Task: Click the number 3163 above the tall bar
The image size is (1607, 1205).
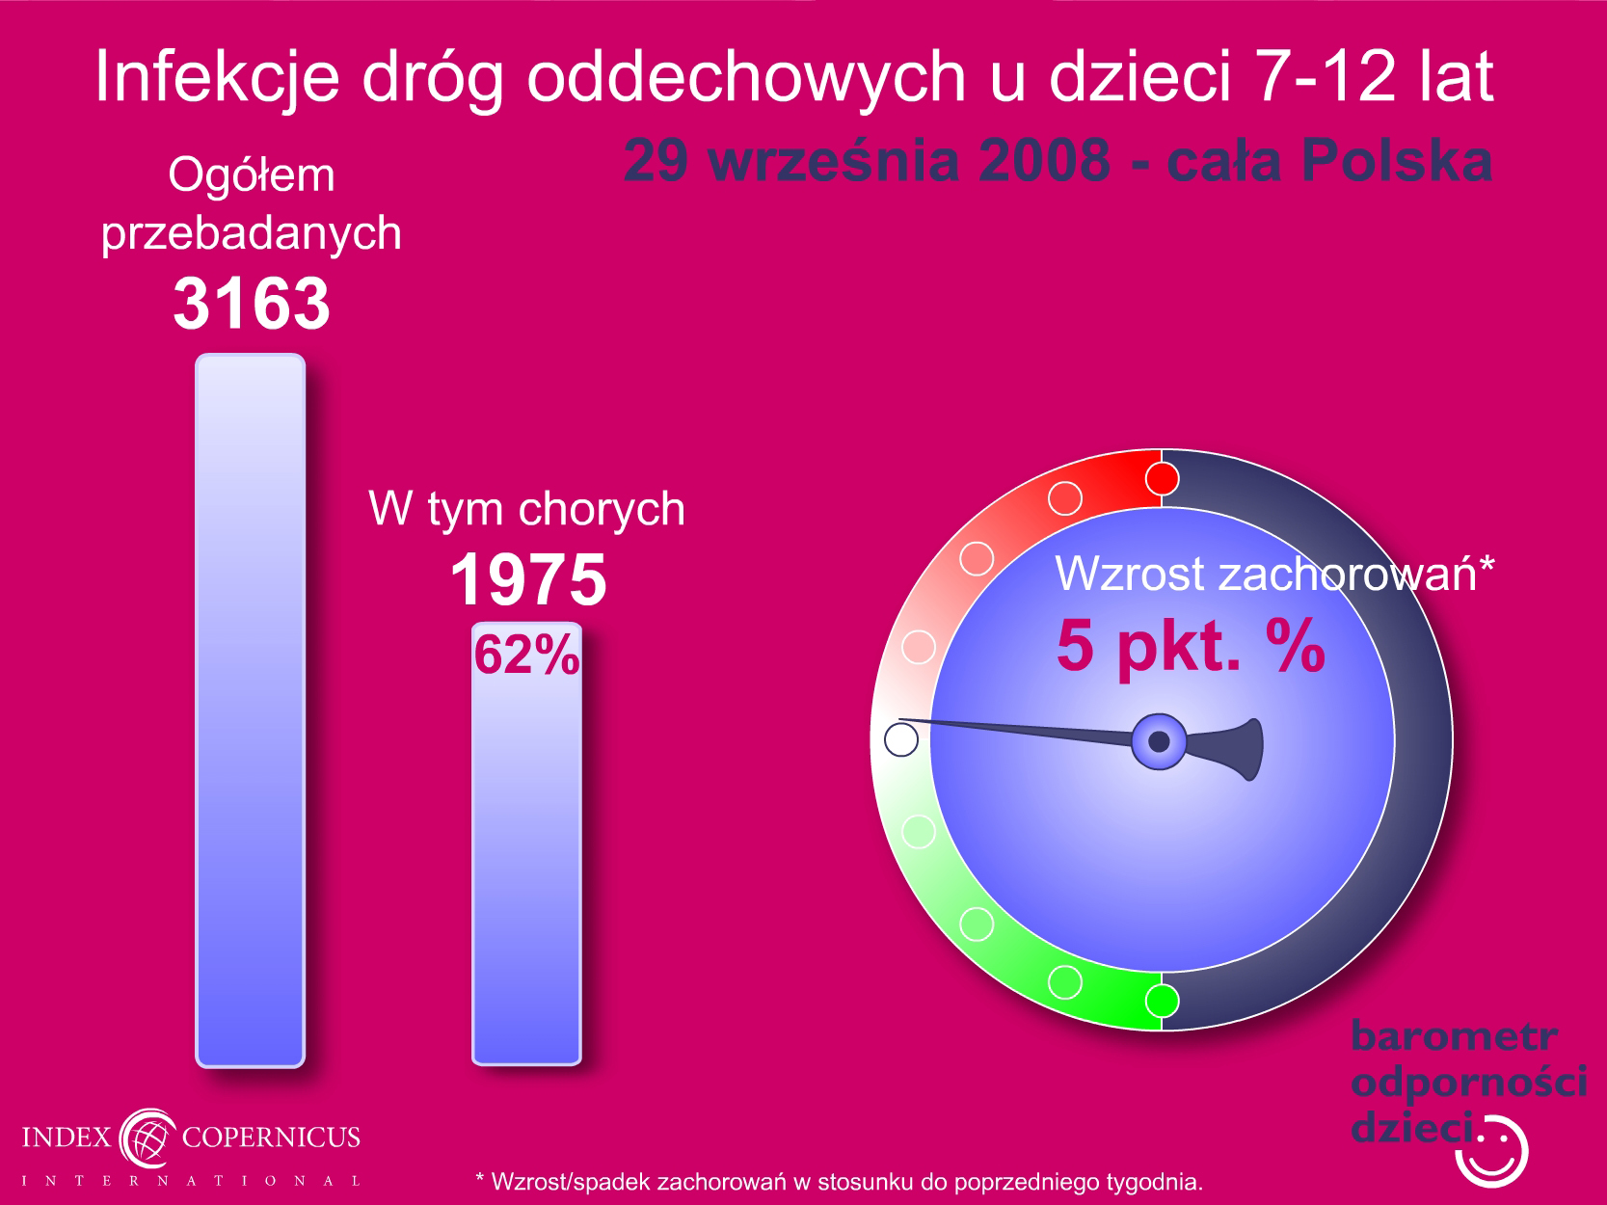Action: (251, 303)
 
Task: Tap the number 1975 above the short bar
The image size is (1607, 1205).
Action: (528, 579)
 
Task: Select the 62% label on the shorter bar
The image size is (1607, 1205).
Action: (526, 654)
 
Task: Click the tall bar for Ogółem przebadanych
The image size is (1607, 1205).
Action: (251, 710)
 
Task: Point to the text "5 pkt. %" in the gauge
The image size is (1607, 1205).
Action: (1191, 647)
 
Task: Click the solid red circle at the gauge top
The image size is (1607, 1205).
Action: (1162, 479)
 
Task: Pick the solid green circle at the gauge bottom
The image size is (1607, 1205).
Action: (1162, 1001)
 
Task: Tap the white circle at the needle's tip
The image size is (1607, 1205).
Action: (901, 739)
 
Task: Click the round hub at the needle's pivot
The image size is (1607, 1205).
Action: (1159, 741)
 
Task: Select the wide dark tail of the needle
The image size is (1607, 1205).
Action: (1230, 749)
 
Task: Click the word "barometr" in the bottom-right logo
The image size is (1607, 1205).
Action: (1454, 1036)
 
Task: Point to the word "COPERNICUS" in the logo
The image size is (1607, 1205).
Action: (271, 1137)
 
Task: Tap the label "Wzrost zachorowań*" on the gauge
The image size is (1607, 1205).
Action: (1274, 574)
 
